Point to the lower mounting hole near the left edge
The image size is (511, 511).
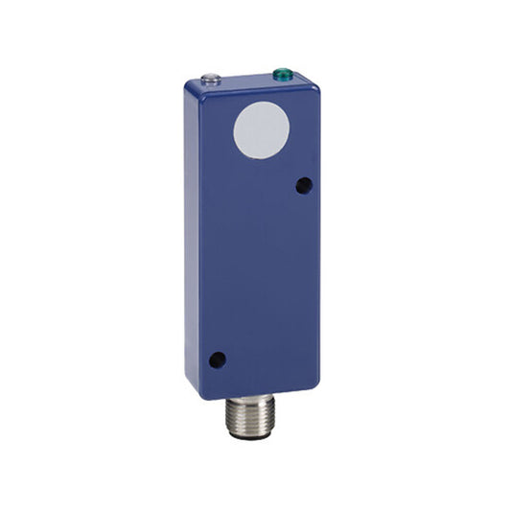point(217,360)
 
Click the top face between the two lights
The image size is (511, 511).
point(246,77)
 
